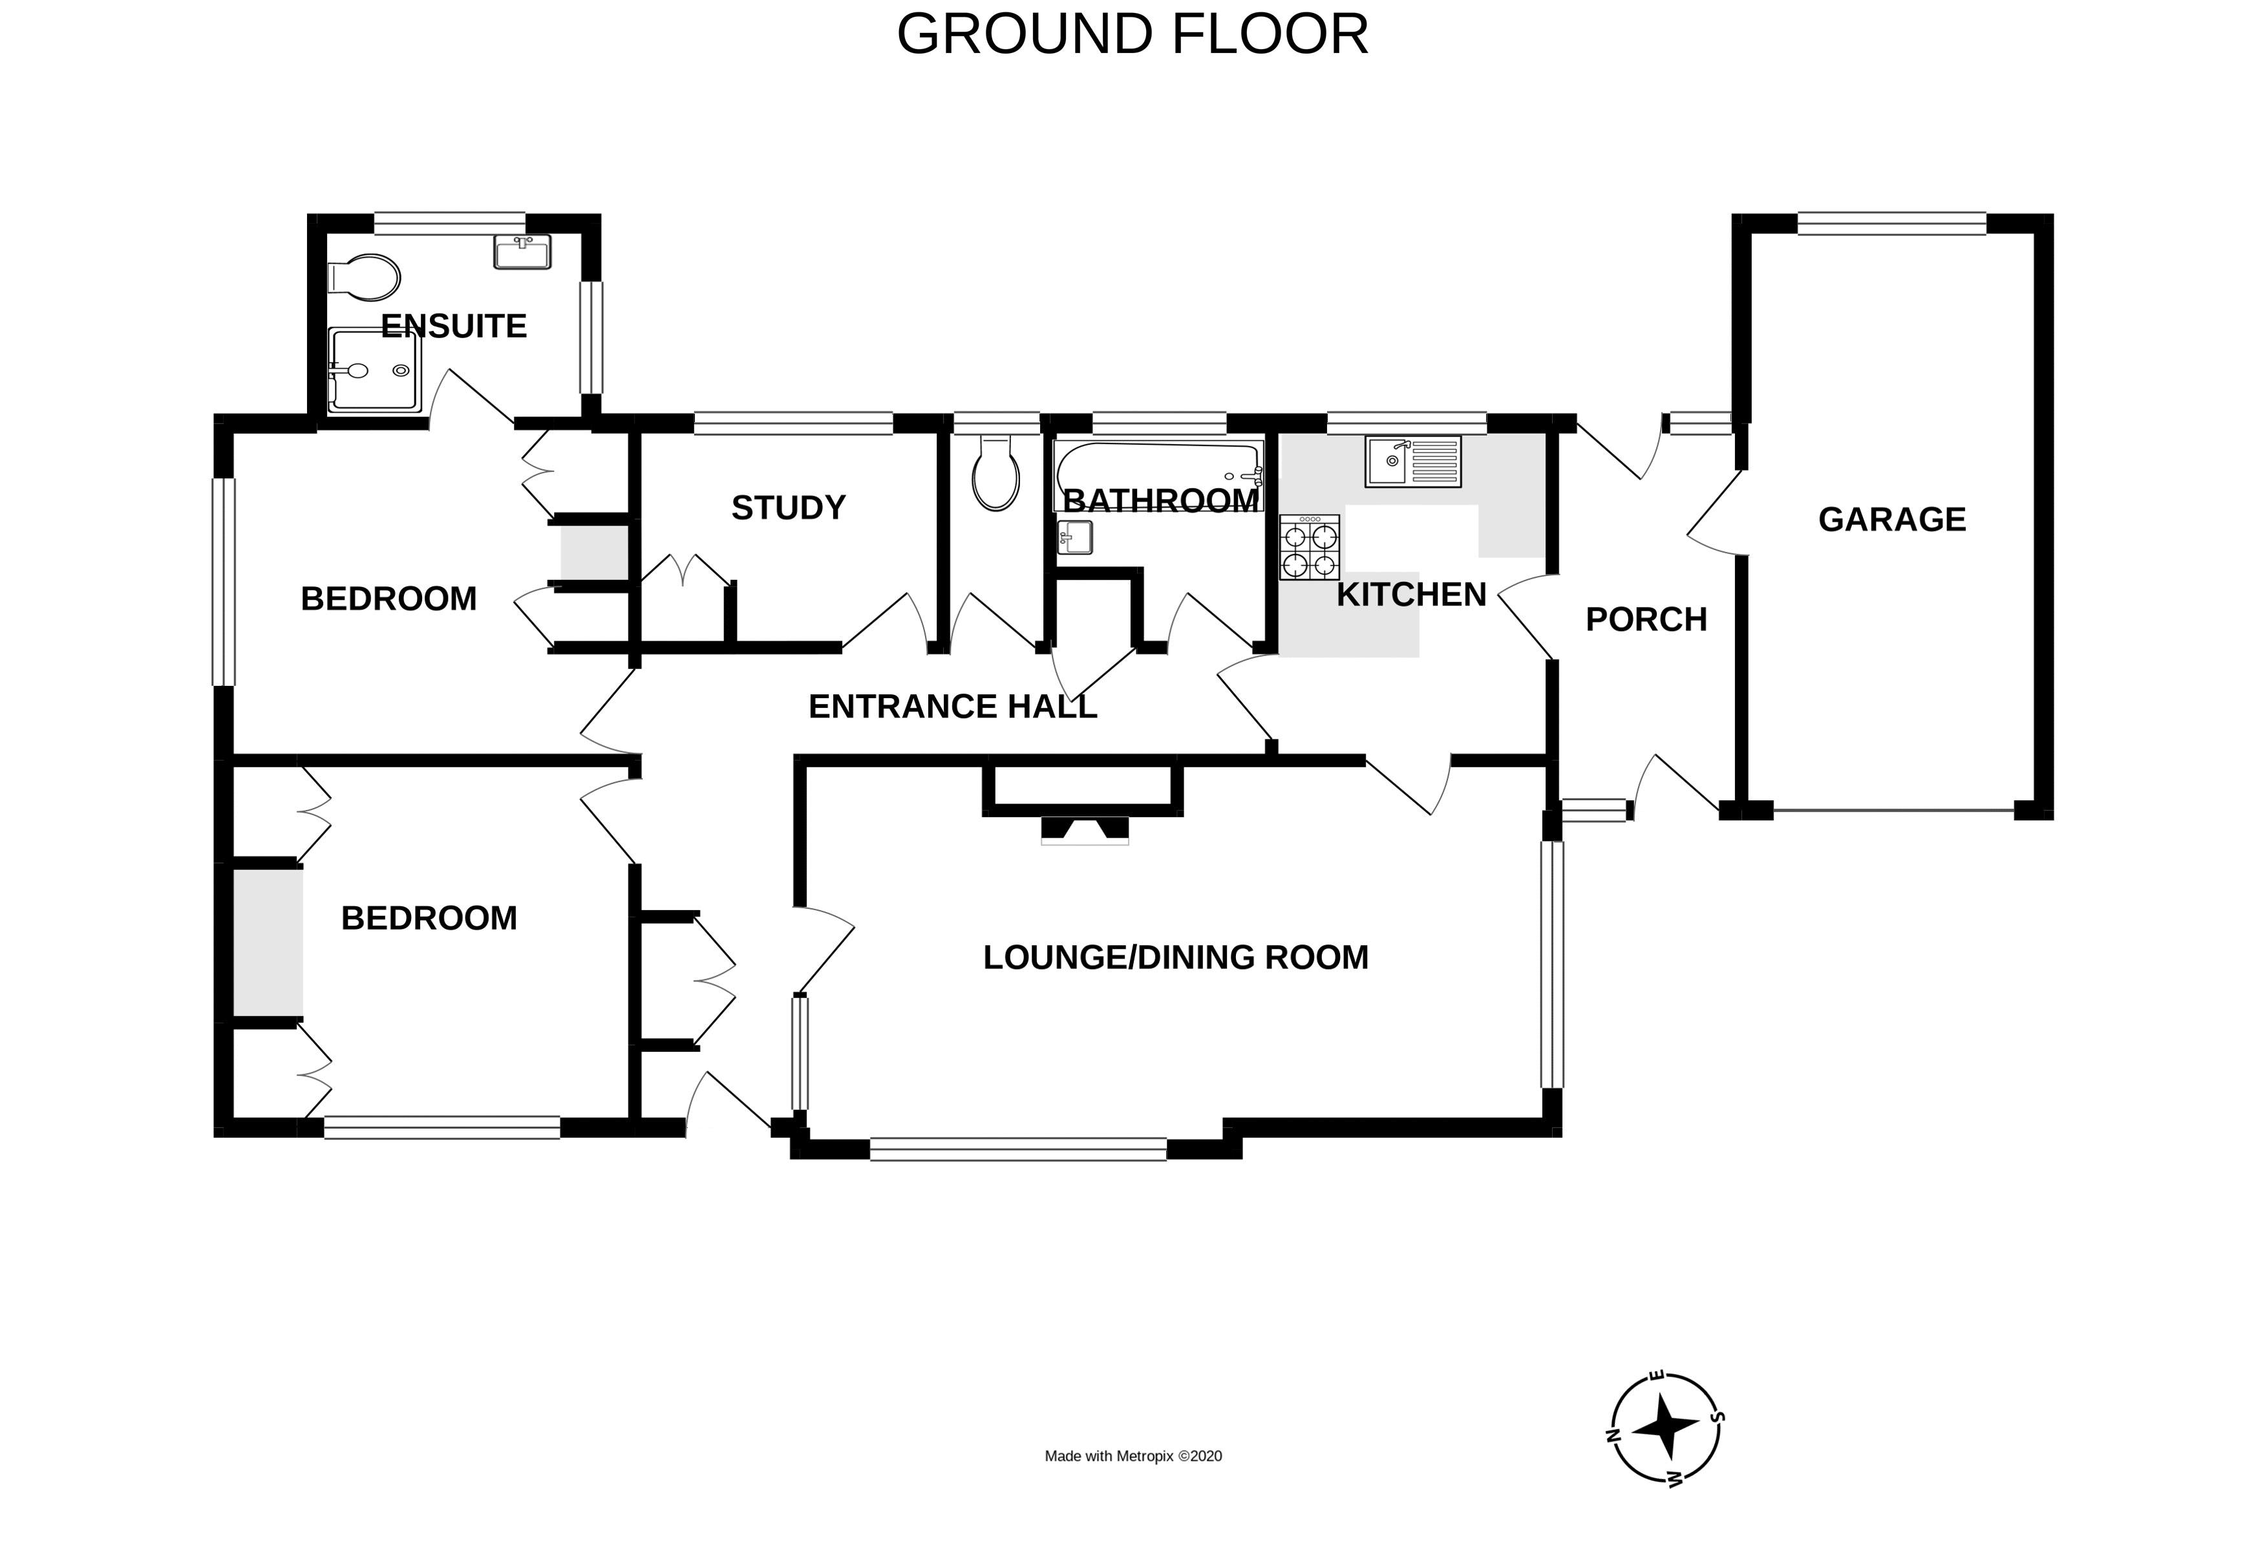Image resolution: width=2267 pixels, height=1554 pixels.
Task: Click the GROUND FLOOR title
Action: (1133, 35)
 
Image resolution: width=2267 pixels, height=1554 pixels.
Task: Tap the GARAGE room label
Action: (1891, 520)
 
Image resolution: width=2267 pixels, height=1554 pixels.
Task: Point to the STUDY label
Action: (788, 507)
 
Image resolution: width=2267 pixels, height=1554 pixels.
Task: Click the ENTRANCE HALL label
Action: (952, 707)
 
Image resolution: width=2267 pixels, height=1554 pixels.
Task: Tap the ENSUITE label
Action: (454, 326)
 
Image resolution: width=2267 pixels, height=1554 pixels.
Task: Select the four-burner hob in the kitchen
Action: (1309, 548)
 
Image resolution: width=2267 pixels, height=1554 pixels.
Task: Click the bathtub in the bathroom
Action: (1158, 475)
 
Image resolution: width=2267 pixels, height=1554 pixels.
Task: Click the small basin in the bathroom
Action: (1075, 538)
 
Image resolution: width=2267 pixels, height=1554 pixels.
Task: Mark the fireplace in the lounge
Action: (1085, 829)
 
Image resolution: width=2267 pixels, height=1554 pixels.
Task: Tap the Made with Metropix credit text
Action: (1133, 1456)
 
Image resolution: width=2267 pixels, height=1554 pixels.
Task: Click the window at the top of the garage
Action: (1891, 224)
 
